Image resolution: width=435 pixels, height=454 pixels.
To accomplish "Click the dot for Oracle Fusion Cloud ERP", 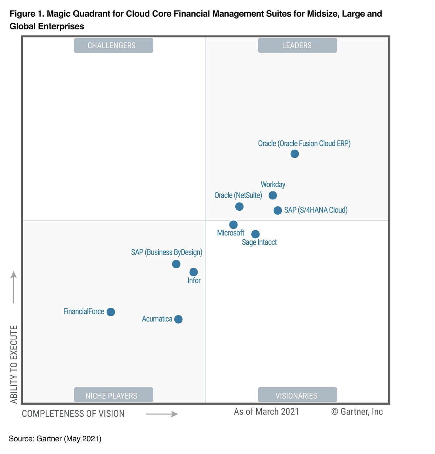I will pos(295,154).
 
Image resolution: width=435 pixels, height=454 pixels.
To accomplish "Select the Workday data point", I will pos(273,195).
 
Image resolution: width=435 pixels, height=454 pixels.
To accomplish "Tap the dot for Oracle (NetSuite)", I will pos(239,207).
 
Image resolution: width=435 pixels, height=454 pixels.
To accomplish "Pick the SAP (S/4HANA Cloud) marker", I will pos(278,210).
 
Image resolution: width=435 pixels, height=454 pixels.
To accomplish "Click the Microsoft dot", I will pos(233,225).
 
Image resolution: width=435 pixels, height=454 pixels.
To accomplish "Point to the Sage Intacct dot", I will pos(256,234).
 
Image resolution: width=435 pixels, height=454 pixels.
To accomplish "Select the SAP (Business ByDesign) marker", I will pos(176,264).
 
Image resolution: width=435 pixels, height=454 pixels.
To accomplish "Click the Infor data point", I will pos(194,272).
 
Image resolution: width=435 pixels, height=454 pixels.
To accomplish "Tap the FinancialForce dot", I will pos(111,312).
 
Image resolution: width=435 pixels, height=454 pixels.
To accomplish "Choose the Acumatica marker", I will pos(178,319).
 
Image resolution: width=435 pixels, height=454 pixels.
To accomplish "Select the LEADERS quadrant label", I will pos(297,46).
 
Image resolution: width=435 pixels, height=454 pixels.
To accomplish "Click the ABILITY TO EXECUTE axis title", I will pos(14,364).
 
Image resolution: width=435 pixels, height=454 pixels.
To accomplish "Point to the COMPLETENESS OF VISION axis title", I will pos(73,414).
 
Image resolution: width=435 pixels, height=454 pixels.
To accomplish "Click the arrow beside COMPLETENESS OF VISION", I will pos(162,414).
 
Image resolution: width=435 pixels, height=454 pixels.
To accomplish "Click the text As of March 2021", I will pos(266,412).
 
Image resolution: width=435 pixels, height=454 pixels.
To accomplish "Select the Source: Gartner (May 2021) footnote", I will pos(55,439).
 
